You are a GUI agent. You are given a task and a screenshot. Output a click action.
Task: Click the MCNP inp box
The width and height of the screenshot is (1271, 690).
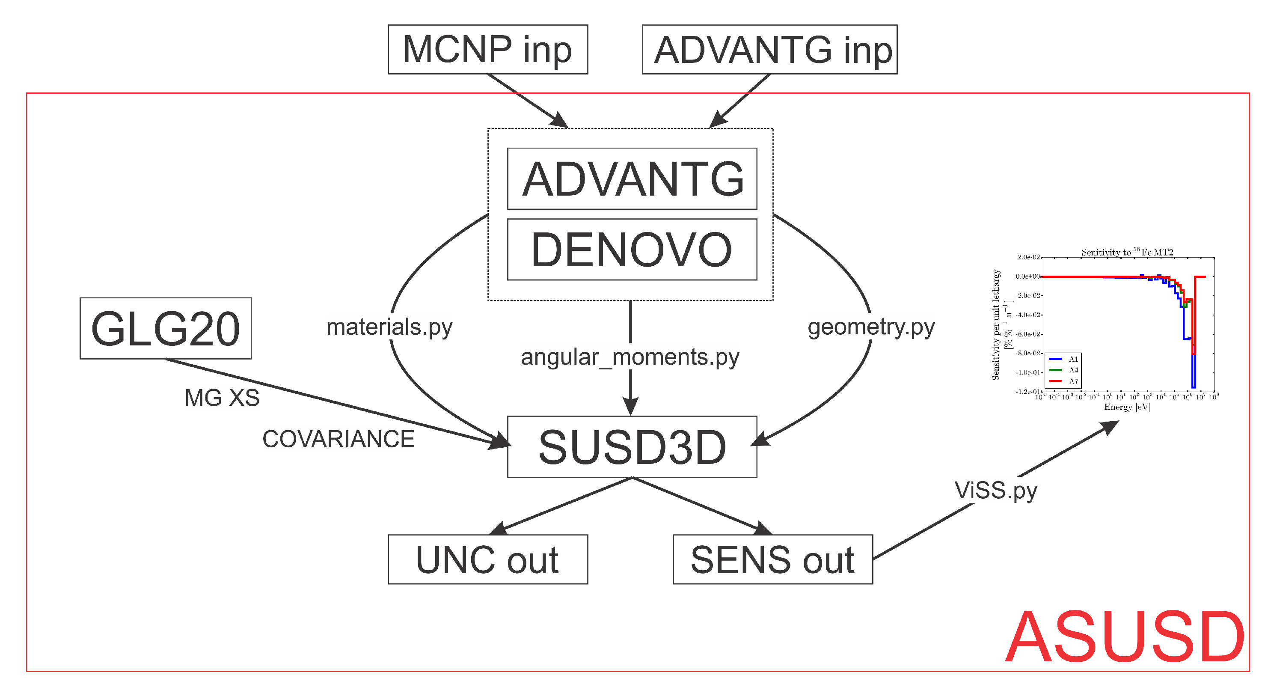(x=487, y=49)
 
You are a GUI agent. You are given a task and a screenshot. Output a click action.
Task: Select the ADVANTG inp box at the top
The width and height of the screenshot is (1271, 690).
(x=769, y=49)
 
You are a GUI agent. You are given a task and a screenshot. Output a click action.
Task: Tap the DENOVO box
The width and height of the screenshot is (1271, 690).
(x=632, y=250)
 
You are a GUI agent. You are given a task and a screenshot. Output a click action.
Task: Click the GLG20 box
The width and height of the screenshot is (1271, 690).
(x=165, y=328)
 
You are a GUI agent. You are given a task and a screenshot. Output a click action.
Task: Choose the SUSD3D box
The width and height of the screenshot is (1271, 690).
(x=632, y=447)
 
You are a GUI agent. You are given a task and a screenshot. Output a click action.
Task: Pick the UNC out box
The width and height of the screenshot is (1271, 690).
(x=487, y=559)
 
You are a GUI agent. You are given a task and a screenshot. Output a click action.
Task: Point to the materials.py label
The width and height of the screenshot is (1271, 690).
(x=389, y=327)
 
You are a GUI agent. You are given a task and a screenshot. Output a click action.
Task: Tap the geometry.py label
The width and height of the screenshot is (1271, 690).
(x=871, y=327)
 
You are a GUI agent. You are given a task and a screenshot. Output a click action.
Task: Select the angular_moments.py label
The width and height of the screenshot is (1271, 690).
(x=630, y=357)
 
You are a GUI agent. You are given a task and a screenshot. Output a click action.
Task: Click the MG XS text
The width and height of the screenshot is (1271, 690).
(x=222, y=398)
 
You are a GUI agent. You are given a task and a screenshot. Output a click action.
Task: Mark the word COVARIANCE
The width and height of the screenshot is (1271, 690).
(x=339, y=439)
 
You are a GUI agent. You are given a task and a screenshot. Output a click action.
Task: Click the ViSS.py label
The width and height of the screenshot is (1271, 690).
(x=996, y=491)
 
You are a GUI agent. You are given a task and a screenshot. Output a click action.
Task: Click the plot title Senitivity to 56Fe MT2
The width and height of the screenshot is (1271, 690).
(x=1127, y=252)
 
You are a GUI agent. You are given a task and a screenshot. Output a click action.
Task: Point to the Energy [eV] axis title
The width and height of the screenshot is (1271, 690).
(x=1127, y=407)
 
